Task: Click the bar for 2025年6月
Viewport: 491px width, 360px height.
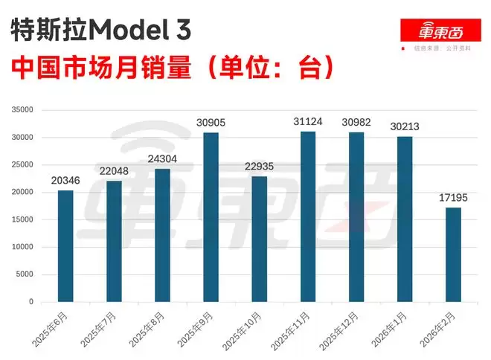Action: coord(65,246)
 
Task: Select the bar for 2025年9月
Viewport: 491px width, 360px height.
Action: coord(211,217)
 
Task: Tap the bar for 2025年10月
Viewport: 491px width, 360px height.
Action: coord(260,239)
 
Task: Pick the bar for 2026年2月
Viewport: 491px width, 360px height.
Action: coord(453,254)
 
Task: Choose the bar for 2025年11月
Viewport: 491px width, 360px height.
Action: coord(308,216)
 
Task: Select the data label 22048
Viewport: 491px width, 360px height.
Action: coord(114,172)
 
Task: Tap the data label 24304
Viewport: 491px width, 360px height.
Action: coord(162,159)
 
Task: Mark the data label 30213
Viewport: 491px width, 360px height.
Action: coord(405,126)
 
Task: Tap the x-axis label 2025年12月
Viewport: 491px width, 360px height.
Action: coord(341,330)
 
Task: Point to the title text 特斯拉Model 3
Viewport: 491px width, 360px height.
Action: coord(101,30)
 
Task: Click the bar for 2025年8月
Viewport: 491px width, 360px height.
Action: coord(162,235)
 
